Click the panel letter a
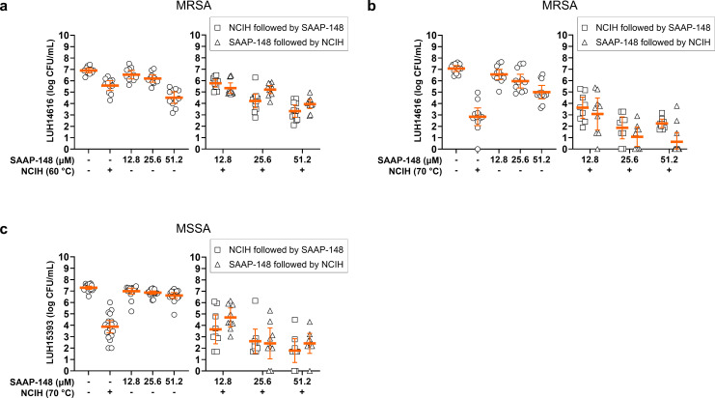pos(5,7)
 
